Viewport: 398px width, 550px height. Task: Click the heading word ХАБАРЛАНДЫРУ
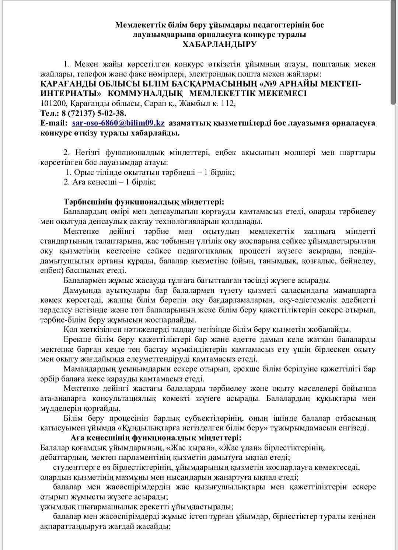click(x=220, y=45)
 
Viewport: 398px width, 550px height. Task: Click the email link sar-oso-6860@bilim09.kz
click(x=118, y=123)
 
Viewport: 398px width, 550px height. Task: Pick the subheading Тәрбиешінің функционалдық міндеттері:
click(x=144, y=202)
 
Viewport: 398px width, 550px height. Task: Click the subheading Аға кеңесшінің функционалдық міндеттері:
click(x=156, y=438)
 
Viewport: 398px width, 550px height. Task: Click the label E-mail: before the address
click(x=54, y=123)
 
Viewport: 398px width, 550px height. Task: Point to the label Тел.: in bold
click(x=49, y=113)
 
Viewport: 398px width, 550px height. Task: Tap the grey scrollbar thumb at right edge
click(x=394, y=52)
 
